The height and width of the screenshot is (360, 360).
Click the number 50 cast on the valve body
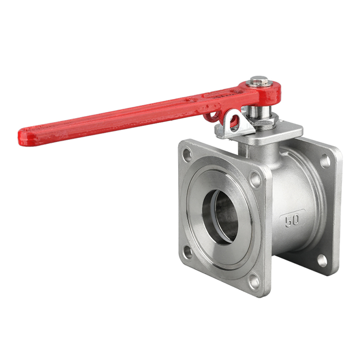(x=292, y=220)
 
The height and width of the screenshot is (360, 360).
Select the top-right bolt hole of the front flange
(x=255, y=180)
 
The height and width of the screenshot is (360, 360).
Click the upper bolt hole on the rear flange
(x=325, y=161)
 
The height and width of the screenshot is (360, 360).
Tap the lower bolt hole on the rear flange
(x=322, y=260)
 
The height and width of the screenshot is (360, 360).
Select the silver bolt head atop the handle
(x=260, y=81)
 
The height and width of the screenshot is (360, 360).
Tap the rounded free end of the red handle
(x=27, y=135)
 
